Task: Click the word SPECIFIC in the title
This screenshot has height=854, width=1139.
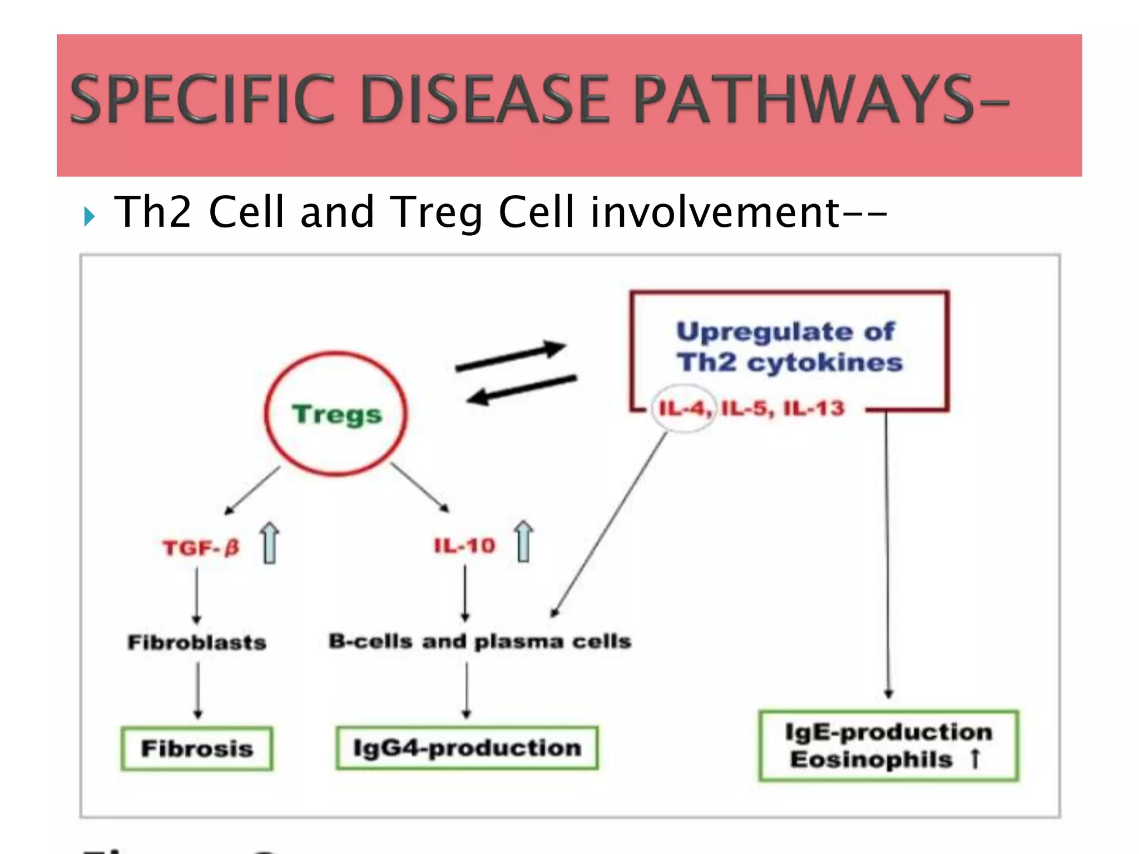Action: (203, 100)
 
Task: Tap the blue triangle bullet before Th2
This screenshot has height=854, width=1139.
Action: (90, 216)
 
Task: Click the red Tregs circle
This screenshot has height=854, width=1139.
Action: (336, 414)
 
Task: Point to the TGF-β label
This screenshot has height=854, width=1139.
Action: (201, 548)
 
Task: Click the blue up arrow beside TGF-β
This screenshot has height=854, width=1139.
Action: (270, 543)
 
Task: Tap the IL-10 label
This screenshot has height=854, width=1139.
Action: (464, 546)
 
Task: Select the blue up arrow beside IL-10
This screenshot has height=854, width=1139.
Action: (523, 542)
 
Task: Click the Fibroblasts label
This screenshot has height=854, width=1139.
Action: (197, 642)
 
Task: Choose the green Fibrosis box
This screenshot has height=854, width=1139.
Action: (197, 748)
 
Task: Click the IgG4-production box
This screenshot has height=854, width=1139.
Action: (467, 748)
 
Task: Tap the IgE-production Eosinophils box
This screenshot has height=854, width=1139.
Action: (888, 746)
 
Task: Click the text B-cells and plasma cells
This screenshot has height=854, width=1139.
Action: (479, 642)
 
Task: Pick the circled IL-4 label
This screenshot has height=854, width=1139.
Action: (683, 409)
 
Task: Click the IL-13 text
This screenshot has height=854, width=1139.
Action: (814, 409)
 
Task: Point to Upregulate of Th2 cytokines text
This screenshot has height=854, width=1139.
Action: (789, 347)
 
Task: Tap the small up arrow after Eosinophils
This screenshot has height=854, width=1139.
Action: (974, 759)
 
